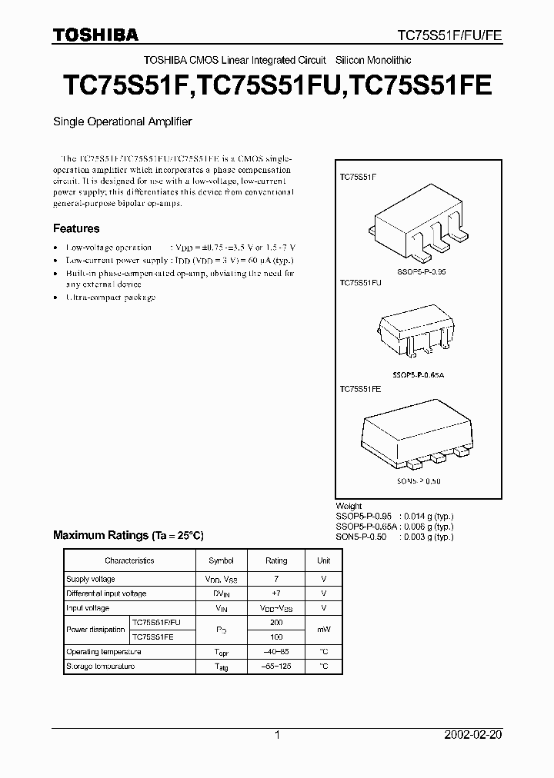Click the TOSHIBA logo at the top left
[x=95, y=35]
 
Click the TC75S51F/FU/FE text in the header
[x=449, y=35]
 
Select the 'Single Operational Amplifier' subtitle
[x=122, y=121]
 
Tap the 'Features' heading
[x=76, y=228]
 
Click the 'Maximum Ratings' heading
[x=128, y=534]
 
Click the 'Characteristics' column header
[x=129, y=560]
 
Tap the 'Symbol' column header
[x=222, y=560]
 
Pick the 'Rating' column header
[x=276, y=560]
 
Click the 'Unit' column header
[x=323, y=560]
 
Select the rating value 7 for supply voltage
[x=276, y=579]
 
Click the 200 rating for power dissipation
[x=276, y=623]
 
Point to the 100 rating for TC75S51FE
[x=276, y=637]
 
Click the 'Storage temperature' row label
[x=100, y=666]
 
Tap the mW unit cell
[x=323, y=630]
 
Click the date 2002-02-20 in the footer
[x=474, y=735]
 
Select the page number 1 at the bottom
[x=277, y=735]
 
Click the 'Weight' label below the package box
[x=349, y=506]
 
